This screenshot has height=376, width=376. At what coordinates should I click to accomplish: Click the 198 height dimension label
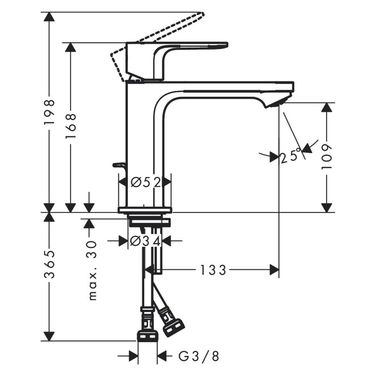(x=49, y=112)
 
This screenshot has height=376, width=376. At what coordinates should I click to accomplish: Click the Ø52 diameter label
(x=145, y=181)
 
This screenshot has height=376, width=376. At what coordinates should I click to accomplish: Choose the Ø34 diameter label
(x=145, y=241)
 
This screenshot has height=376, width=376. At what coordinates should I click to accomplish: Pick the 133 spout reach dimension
(x=213, y=270)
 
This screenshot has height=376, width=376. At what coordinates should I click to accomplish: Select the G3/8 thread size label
(x=198, y=356)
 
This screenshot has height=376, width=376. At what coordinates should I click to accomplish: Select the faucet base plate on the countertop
(x=145, y=210)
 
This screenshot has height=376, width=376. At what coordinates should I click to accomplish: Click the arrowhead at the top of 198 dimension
(x=49, y=17)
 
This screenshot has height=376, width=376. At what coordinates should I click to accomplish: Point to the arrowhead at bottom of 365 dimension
(x=49, y=336)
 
